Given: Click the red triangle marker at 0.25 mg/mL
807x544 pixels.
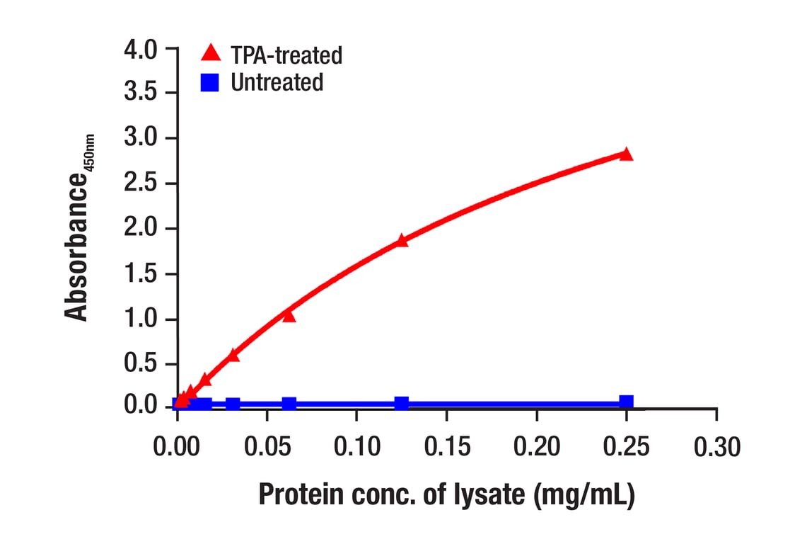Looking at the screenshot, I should (625, 154).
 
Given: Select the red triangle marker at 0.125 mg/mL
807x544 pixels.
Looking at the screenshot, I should (402, 240).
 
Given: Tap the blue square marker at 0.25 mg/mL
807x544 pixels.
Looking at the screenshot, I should (626, 402).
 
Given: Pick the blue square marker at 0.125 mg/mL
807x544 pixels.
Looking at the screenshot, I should (402, 403).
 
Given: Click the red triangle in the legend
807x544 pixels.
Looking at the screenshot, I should (209, 52).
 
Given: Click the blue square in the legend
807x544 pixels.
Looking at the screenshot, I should (209, 83).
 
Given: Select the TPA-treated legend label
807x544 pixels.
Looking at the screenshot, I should (286, 55).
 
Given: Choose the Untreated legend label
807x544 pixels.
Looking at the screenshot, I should (277, 83).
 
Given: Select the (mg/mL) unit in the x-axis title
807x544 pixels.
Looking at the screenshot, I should (581, 494).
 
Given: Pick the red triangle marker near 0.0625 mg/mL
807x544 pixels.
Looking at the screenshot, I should (289, 314).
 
